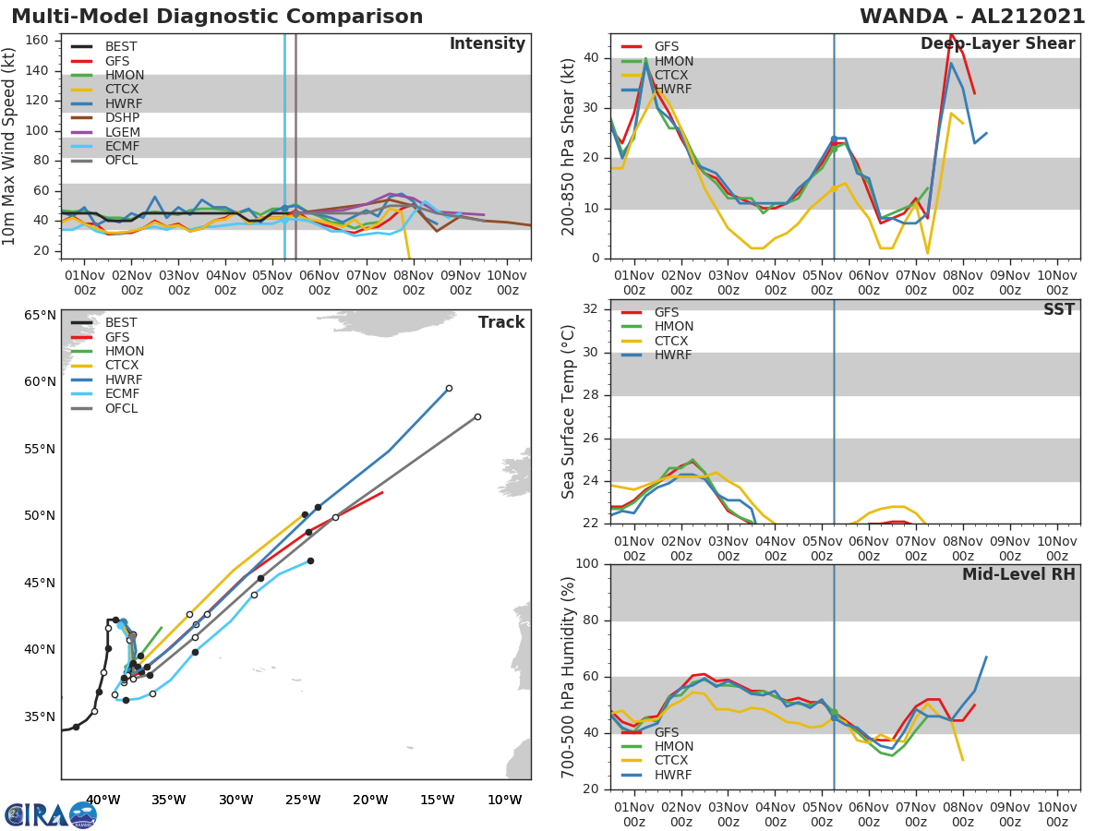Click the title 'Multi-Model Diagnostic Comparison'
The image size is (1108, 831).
(x=217, y=17)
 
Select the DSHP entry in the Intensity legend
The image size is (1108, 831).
(x=122, y=118)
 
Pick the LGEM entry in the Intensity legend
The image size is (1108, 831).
(x=122, y=132)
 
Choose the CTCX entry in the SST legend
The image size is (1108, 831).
(x=672, y=341)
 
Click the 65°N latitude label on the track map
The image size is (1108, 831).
(x=40, y=315)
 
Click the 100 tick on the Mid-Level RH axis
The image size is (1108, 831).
(x=587, y=564)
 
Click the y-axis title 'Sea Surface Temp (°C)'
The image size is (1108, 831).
(x=569, y=411)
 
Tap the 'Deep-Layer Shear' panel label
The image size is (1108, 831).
(x=997, y=44)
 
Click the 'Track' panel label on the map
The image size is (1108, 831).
(x=501, y=322)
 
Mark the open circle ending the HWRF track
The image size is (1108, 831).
(x=449, y=389)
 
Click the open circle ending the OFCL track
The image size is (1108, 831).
(x=477, y=416)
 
